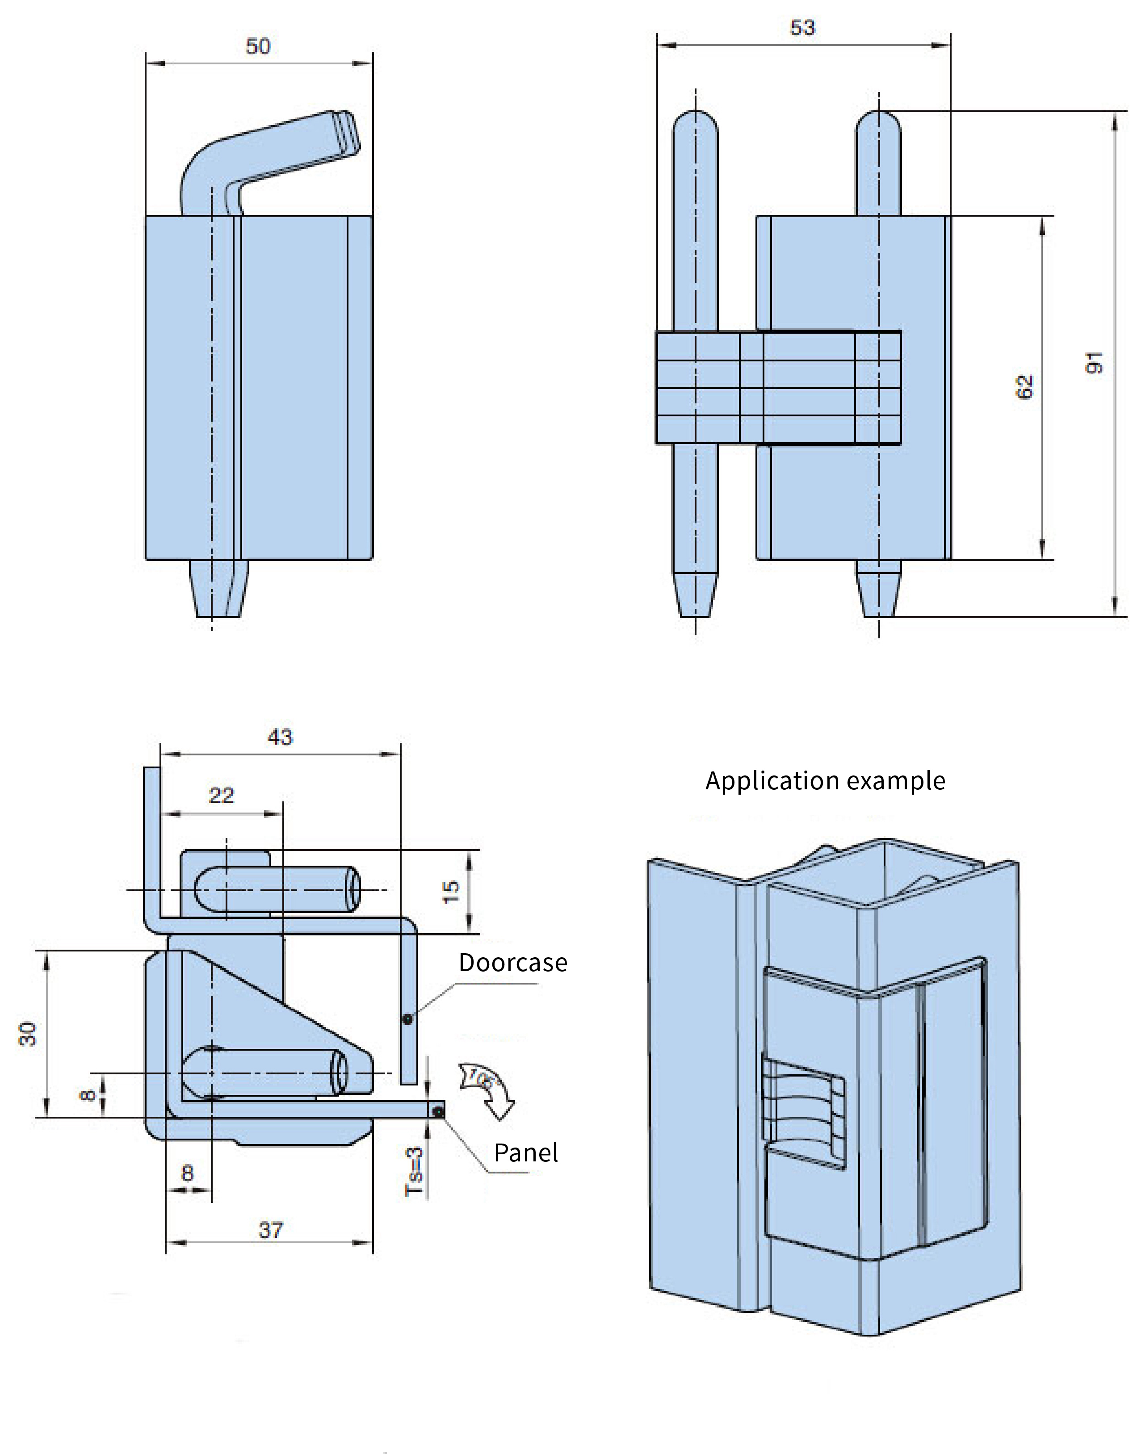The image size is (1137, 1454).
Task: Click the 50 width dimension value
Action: pyautogui.click(x=258, y=46)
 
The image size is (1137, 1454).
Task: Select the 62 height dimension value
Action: pyautogui.click(x=1025, y=387)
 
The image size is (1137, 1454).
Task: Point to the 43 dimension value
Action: pyautogui.click(x=280, y=737)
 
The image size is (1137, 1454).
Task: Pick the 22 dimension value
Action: pyautogui.click(x=222, y=796)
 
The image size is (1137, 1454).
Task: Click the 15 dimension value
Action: pyautogui.click(x=451, y=892)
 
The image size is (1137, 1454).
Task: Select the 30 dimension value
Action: pyautogui.click(x=27, y=1034)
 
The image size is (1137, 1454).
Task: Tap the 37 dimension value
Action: pyautogui.click(x=271, y=1230)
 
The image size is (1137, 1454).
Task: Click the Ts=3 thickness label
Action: pyautogui.click(x=414, y=1171)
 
